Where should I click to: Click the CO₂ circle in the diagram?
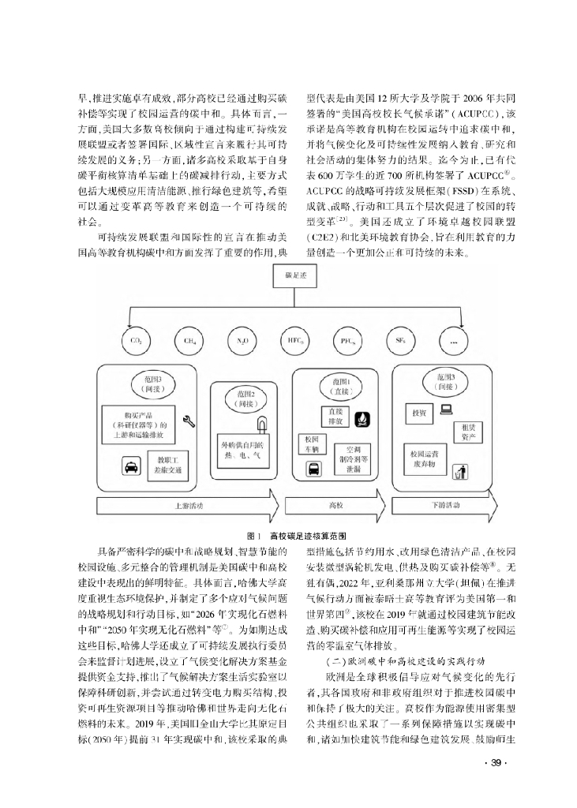point(135,341)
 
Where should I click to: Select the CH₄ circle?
point(189,341)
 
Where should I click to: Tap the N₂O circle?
point(242,341)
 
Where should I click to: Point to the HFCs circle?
point(294,341)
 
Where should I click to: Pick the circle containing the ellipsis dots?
point(452,341)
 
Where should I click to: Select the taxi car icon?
point(128,467)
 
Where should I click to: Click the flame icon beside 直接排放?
point(364,417)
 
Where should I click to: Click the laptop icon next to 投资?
point(446,410)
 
